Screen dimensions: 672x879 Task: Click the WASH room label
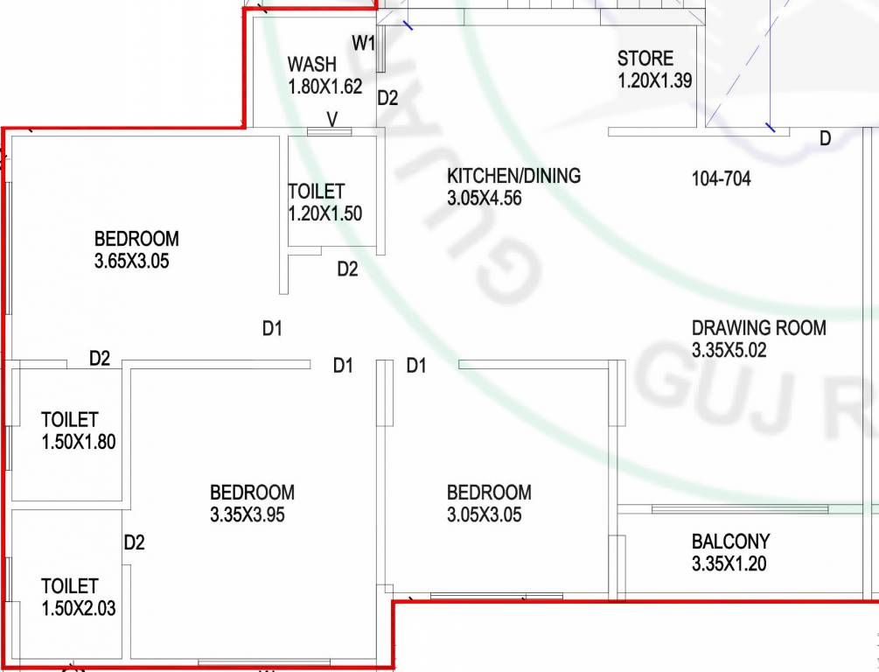click(311, 64)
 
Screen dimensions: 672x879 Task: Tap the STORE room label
click(645, 59)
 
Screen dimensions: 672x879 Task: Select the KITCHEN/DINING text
click(513, 176)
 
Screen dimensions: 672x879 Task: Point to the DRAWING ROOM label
click(758, 328)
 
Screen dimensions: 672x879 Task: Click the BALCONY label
click(730, 542)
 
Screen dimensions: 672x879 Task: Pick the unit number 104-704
click(721, 179)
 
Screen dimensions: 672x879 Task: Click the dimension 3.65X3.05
click(131, 260)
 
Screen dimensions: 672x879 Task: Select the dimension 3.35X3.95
click(248, 515)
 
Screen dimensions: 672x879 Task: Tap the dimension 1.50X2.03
click(78, 608)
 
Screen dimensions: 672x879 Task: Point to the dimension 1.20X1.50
click(324, 213)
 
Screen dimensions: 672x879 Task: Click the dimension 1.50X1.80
click(78, 442)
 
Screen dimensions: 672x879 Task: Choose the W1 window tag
click(364, 42)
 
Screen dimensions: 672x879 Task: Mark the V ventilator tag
click(332, 118)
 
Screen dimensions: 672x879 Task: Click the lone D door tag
click(825, 138)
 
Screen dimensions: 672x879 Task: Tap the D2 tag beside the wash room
click(387, 98)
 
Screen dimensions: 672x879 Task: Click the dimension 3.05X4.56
click(484, 198)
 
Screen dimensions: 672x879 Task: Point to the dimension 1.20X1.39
click(655, 81)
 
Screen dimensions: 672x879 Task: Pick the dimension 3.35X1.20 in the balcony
click(729, 563)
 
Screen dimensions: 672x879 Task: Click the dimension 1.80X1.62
click(324, 87)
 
